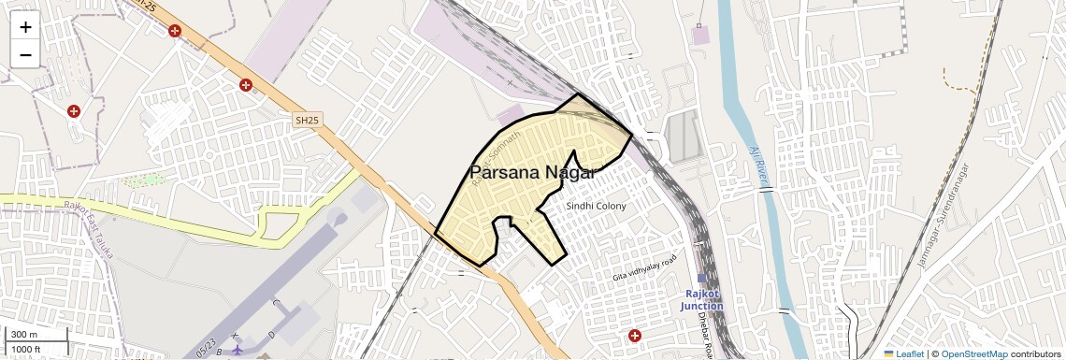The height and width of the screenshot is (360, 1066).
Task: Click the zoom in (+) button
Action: click(x=25, y=27)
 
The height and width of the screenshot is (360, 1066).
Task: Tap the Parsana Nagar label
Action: click(x=532, y=172)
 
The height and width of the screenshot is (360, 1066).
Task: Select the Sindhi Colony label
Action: click(x=597, y=206)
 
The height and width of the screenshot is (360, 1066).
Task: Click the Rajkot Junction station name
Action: click(x=702, y=299)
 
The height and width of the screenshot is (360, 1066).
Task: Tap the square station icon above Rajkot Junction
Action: click(x=702, y=278)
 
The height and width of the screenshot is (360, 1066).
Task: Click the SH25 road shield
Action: click(x=306, y=121)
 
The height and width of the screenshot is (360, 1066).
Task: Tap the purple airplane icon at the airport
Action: click(x=238, y=350)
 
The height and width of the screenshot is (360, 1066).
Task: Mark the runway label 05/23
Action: click(x=208, y=343)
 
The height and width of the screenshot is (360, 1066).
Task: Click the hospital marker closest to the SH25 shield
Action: click(x=246, y=85)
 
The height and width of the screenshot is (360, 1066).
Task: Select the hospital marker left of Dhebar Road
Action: click(x=635, y=336)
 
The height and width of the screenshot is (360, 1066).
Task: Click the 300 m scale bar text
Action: click(x=25, y=335)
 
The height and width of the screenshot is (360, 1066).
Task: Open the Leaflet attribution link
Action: click(x=903, y=353)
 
